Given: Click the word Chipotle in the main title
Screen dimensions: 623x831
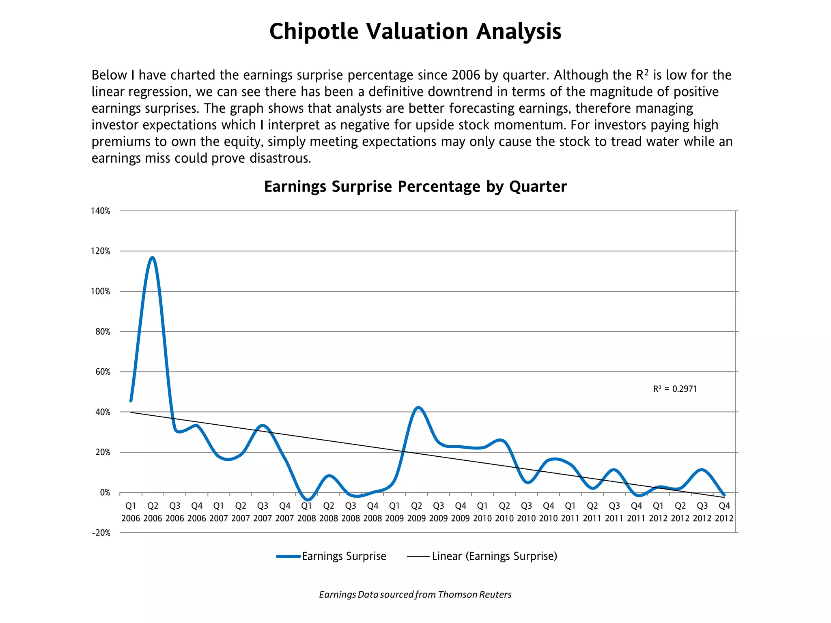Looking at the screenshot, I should tap(314, 32).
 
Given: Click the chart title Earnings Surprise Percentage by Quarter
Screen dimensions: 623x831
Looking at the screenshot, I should tap(415, 187).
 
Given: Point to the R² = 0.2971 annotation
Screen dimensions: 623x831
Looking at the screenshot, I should tap(675, 389).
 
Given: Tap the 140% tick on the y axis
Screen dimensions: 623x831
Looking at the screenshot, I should tap(101, 211).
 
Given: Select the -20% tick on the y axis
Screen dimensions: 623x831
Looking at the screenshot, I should tap(101, 533).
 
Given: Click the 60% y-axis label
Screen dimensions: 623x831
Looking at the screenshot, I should tap(103, 372).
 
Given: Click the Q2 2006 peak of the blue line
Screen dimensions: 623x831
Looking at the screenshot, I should tap(153, 258).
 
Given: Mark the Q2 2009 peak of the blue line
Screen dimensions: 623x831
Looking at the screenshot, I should tap(418, 408).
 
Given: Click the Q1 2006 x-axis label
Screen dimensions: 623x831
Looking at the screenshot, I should tap(131, 512).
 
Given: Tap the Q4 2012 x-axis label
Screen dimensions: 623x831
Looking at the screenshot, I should tap(724, 512).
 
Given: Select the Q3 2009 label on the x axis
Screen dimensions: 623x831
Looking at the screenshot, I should tap(439, 512).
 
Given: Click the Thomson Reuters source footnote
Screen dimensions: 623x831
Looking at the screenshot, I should tap(415, 594).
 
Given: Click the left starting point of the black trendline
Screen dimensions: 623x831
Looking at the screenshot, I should tap(131, 412).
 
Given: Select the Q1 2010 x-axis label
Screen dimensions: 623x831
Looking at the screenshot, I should tap(482, 512).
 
